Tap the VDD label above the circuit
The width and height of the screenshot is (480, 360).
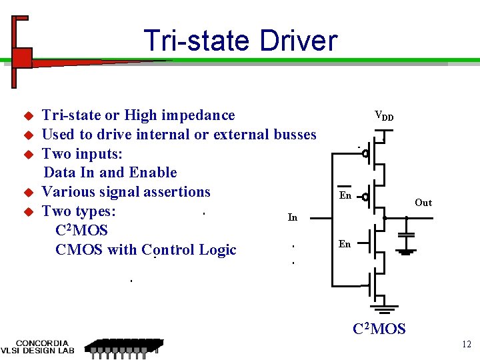point(383,116)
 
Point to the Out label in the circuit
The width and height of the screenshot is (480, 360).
point(423,203)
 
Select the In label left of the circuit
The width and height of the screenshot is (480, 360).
point(292,217)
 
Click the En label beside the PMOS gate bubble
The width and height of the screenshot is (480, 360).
point(345,196)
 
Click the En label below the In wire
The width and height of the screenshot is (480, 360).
point(344,244)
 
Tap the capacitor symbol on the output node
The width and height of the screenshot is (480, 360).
point(406,235)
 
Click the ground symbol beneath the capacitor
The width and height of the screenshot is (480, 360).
point(406,252)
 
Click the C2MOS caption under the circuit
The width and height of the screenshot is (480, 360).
point(379,329)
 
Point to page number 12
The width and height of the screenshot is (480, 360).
point(466,344)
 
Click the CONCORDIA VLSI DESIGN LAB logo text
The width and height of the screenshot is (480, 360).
point(37,345)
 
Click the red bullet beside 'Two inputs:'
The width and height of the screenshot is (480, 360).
point(28,154)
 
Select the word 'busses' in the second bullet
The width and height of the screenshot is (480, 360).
point(295,135)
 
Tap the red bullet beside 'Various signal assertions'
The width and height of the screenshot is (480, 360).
point(28,193)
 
